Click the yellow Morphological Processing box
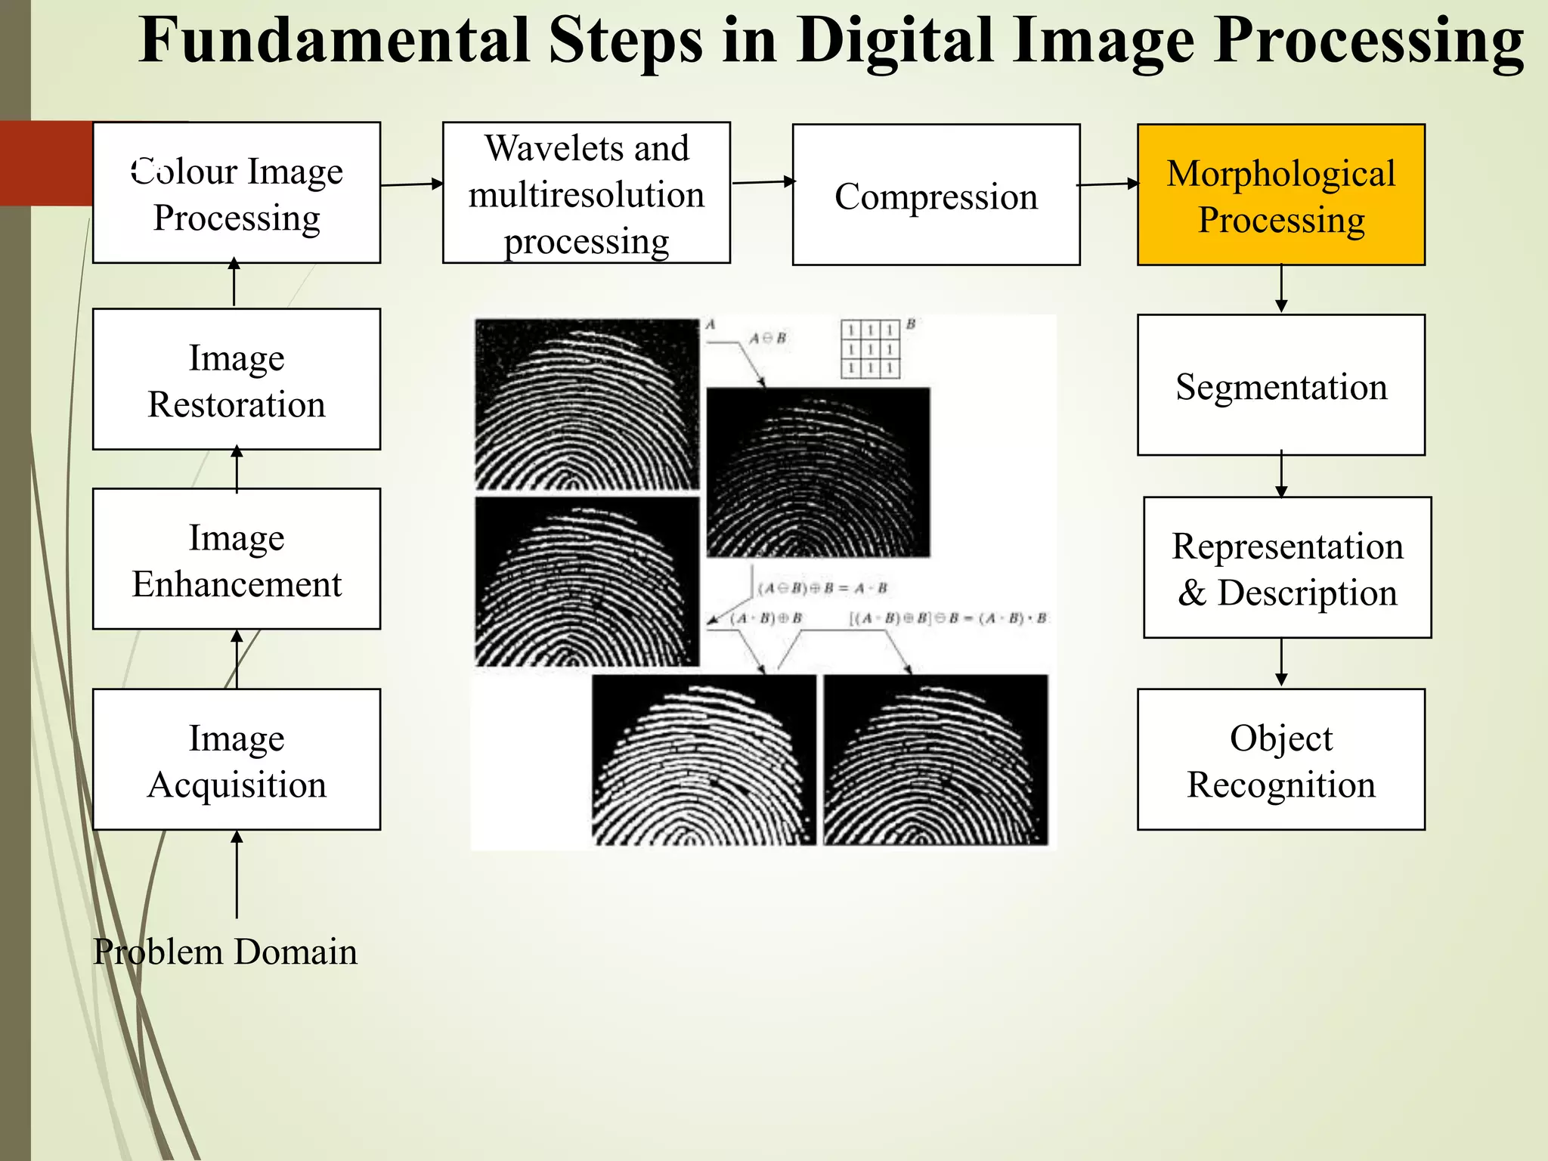tap(1280, 195)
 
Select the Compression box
tap(936, 195)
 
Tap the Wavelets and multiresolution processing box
tap(586, 193)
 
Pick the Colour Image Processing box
tap(237, 193)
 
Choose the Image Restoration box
tap(237, 379)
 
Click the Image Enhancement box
tap(237, 559)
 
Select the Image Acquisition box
tap(237, 759)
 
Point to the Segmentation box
tap(1280, 385)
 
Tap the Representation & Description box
tap(1286, 568)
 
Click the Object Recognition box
tap(1280, 759)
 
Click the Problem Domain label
tap(225, 951)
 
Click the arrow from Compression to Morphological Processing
tap(1108, 184)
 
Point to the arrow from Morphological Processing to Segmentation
tap(1281, 288)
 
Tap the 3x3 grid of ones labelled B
tap(871, 349)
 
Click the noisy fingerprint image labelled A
tap(587, 404)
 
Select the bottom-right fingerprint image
tap(936, 760)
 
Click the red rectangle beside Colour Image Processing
tap(46, 163)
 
